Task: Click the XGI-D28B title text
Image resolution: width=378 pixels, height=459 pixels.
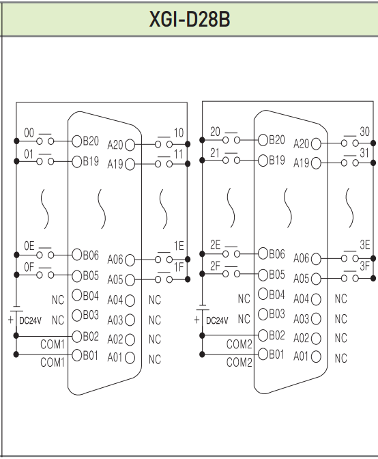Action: (190, 19)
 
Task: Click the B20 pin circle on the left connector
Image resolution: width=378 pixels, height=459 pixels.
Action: (77, 141)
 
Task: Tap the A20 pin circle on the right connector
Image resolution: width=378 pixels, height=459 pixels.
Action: (316, 143)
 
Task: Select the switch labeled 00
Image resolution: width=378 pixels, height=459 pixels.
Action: (45, 139)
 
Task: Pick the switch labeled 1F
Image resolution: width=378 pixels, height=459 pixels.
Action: (164, 278)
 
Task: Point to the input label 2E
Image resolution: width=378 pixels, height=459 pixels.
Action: (216, 245)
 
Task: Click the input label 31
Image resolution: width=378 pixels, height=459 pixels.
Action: (364, 153)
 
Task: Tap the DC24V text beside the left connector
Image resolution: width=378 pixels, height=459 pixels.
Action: (31, 320)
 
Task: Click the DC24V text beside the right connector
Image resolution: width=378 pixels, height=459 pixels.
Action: (217, 320)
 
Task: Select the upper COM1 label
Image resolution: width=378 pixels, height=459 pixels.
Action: (53, 344)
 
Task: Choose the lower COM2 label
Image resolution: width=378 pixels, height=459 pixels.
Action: (239, 363)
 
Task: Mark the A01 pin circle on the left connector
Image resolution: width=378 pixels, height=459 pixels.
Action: (130, 357)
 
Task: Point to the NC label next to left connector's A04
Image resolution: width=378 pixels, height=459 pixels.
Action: (155, 300)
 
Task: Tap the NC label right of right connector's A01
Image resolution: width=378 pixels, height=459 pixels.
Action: (341, 358)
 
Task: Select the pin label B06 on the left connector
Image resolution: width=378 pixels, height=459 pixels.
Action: (91, 255)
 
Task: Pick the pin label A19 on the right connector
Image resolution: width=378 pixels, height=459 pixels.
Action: (301, 163)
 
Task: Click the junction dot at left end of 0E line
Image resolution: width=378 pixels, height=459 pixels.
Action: (16, 255)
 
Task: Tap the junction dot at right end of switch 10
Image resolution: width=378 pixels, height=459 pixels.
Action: (188, 144)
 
